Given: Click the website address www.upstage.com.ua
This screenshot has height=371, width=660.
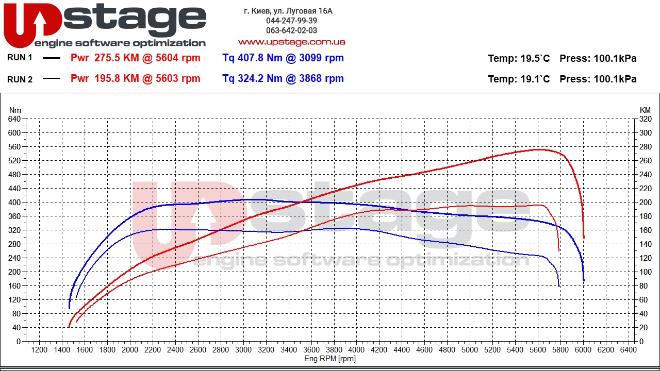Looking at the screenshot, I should coord(291,42).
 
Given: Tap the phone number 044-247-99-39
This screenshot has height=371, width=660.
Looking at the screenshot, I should coord(291,21).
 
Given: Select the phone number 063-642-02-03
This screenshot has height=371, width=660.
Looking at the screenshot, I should coord(291,30).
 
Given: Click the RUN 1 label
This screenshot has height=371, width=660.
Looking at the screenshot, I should coord(20,58).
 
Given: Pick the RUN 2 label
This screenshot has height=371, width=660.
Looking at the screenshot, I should coord(20,79).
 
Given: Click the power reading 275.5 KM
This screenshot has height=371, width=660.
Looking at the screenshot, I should coord(117,58).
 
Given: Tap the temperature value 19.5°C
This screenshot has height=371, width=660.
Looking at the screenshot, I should coord(535,59).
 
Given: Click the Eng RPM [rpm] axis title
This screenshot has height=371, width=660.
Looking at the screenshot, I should coord(330,359).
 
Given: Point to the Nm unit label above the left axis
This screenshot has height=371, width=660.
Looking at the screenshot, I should coord(15,110).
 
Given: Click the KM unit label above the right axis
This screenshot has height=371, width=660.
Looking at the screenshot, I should coord(645,110).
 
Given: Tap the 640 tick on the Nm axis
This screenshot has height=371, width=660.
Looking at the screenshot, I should coord(14,119).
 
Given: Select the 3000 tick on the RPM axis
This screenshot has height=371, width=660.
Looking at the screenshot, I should coord(243,350).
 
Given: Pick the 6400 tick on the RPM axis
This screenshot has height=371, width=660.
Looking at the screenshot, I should coord(629,350).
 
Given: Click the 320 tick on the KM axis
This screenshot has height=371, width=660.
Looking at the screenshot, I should coord(645,119).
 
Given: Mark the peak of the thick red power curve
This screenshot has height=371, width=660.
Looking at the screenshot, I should coord(538,149).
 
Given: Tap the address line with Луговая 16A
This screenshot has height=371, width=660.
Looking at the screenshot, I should coord(288,11).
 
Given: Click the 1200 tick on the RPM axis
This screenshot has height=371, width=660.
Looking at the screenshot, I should coord(39,350).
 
